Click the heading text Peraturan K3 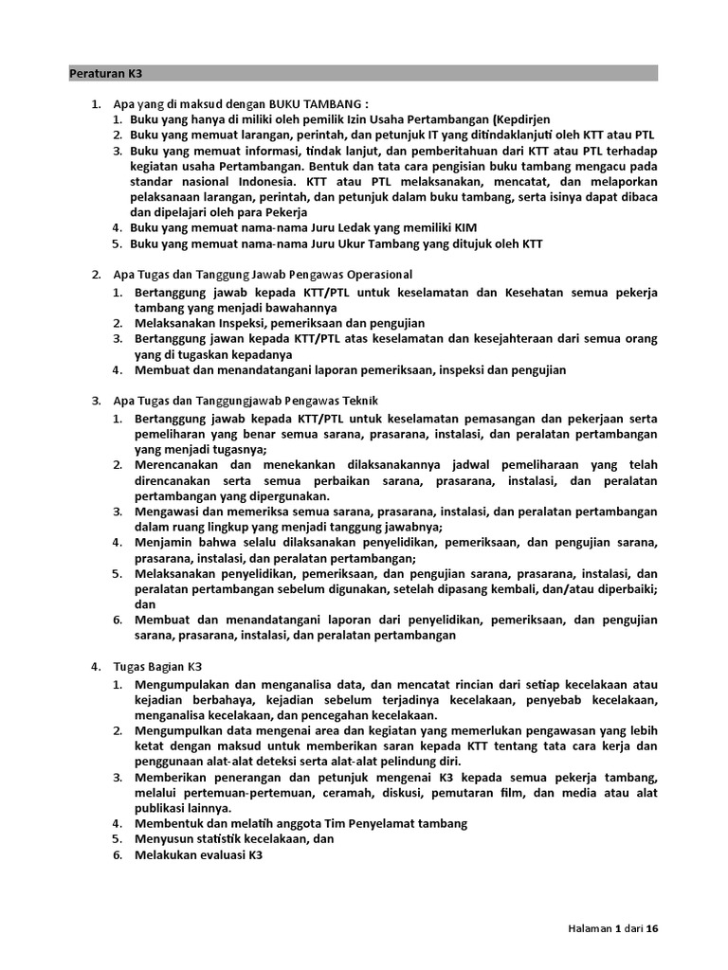pos(106,73)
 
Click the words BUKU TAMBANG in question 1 pos(317,103)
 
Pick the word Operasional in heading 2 pos(376,275)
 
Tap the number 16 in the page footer pos(650,928)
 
